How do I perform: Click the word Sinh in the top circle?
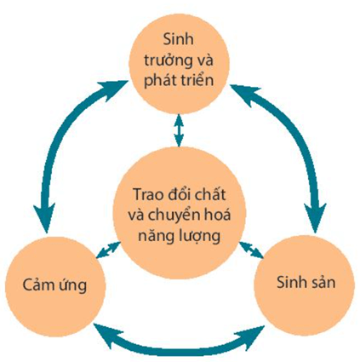point(179,41)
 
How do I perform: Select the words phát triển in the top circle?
point(179,81)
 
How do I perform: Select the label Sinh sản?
point(304,282)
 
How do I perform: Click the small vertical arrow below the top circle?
point(179,129)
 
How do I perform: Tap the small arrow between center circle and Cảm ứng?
point(108,250)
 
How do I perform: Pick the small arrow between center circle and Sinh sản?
point(250,250)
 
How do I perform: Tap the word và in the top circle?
point(205,60)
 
